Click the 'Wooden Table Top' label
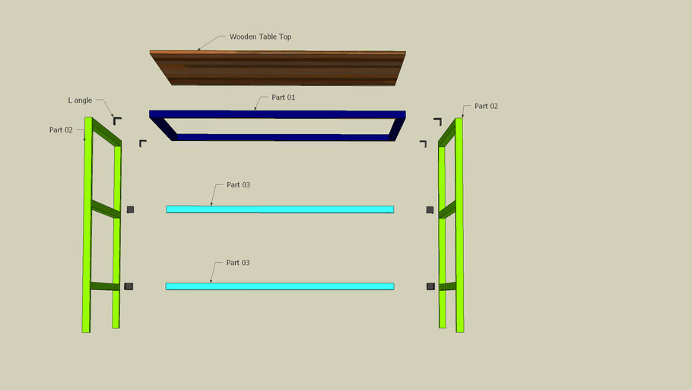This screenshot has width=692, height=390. (x=260, y=37)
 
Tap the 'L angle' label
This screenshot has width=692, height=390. (x=79, y=101)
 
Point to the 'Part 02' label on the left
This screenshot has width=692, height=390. (x=61, y=130)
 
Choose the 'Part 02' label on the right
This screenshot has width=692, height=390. (x=486, y=107)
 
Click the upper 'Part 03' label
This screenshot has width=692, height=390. (x=237, y=185)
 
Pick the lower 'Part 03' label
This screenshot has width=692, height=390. (x=237, y=263)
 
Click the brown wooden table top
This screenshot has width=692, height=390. (x=278, y=69)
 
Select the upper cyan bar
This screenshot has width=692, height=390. (x=280, y=209)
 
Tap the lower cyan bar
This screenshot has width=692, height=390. (x=280, y=286)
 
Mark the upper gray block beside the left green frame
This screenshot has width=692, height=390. (x=130, y=209)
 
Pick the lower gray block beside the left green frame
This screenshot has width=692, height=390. (x=129, y=286)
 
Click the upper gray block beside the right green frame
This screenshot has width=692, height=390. (x=430, y=209)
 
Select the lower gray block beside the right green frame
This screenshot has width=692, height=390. (x=430, y=286)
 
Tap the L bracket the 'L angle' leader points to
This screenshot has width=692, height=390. (x=116, y=120)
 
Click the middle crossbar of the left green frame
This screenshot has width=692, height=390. (x=106, y=209)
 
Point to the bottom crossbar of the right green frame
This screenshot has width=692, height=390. (x=448, y=286)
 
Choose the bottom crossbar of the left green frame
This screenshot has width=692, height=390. (x=105, y=286)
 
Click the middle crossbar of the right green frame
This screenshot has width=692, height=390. (x=448, y=209)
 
